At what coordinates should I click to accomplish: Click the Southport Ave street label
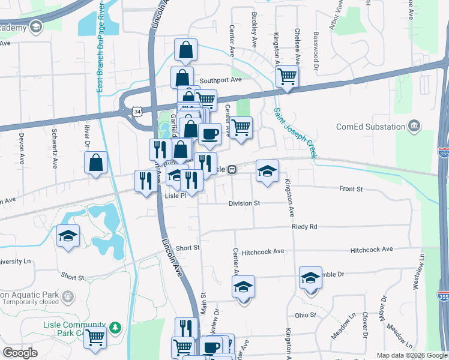(220, 80)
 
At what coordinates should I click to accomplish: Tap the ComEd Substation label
(370, 127)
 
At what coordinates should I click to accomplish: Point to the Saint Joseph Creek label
(294, 133)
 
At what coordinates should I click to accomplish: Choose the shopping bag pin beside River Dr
(95, 163)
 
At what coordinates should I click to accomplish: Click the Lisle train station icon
(231, 170)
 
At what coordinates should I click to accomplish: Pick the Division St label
(244, 203)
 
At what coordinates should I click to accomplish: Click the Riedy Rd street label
(304, 227)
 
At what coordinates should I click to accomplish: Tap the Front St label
(351, 189)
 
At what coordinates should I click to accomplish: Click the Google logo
(20, 352)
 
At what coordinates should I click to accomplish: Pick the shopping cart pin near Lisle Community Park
(95, 339)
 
